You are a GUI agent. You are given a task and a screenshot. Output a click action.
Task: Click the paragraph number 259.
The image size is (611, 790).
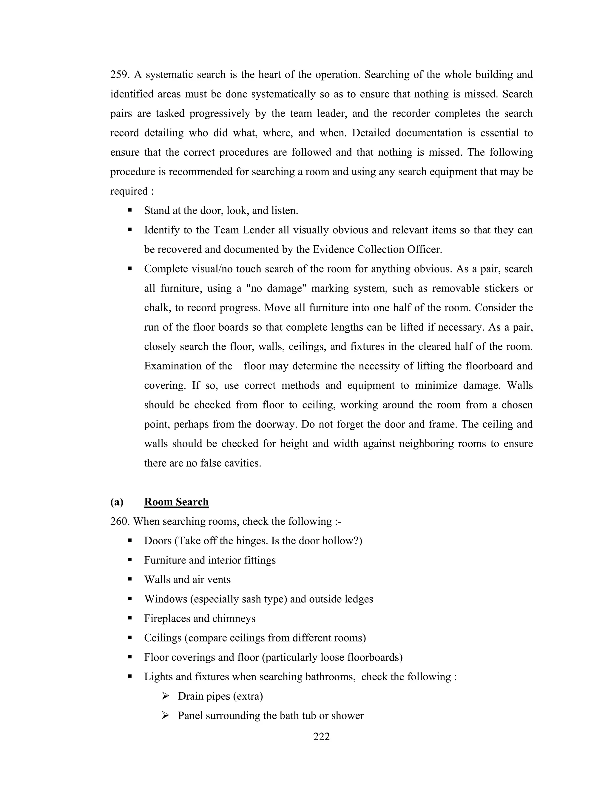click(120, 75)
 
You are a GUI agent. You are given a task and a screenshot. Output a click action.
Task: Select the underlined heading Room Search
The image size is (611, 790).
click(176, 502)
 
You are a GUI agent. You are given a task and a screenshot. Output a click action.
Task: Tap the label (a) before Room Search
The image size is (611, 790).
click(117, 502)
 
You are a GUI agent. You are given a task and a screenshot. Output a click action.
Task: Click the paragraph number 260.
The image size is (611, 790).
click(120, 522)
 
